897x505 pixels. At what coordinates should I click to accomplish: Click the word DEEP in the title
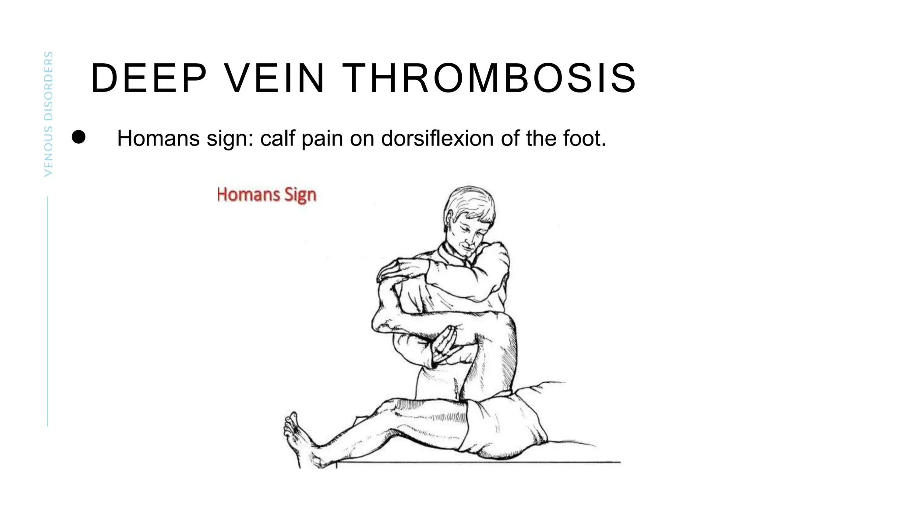148,78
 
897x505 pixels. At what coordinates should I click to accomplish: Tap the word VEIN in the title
274,78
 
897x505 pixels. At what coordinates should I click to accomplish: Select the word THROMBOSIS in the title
489,78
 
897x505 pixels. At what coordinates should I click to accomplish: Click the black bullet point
79,137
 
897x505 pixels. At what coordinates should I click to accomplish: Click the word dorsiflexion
438,139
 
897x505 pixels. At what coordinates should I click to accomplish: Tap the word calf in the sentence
278,139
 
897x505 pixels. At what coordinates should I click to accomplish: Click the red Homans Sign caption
266,195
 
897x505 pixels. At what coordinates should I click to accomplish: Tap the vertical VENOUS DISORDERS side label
48,114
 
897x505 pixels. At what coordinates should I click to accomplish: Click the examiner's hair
471,204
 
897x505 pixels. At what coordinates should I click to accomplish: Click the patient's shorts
504,425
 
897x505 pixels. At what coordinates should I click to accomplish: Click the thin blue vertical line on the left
48,311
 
